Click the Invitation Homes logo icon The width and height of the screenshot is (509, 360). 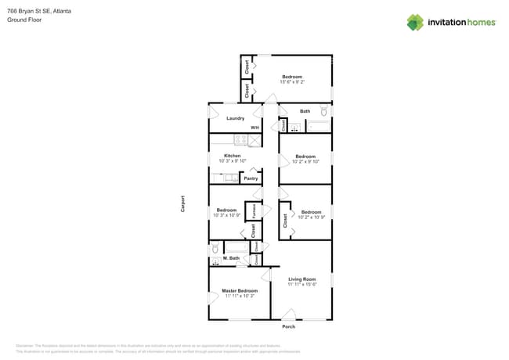415,22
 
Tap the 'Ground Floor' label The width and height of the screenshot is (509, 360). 24,20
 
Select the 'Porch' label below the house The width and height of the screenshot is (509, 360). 289,326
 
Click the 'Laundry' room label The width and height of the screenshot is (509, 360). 235,118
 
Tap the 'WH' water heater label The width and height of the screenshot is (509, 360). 254,128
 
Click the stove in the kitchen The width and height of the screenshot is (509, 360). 241,140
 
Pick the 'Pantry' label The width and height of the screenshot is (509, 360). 251,178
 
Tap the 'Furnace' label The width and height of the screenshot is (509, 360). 253,211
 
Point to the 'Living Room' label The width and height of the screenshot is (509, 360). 301,279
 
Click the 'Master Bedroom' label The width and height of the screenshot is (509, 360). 229,290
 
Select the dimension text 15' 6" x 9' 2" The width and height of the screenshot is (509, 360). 292,81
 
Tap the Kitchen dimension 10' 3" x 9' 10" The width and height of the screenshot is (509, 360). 232,161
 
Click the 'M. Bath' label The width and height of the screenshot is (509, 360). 231,257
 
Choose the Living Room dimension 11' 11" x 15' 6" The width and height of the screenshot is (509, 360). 301,285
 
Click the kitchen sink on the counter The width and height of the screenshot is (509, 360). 230,178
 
